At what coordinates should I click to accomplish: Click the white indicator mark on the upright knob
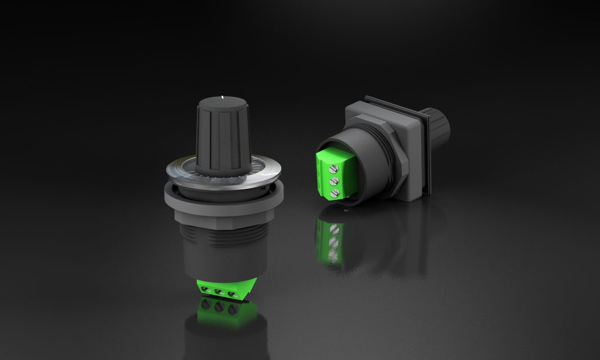[x=224, y=95]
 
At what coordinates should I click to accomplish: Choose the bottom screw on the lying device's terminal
[x=335, y=193]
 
